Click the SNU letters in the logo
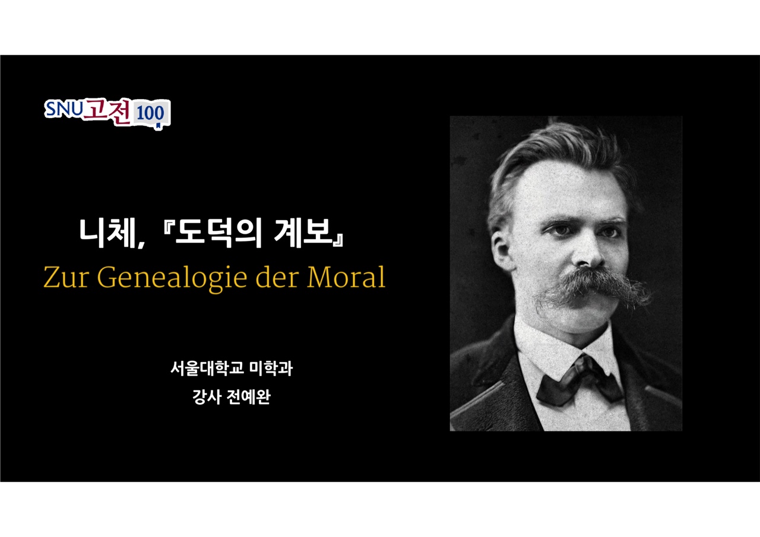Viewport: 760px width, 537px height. (64, 109)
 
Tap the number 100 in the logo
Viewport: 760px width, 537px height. (150, 113)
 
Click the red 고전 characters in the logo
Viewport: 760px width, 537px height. (107, 111)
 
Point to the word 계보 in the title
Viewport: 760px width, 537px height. (302, 233)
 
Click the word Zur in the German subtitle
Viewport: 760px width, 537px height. (66, 277)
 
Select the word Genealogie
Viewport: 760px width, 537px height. (172, 278)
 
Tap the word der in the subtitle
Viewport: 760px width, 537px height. (277, 277)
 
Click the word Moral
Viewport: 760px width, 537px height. (346, 277)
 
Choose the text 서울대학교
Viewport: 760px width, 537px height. (207, 368)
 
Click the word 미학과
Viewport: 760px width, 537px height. (271, 368)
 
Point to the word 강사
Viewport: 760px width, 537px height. (207, 396)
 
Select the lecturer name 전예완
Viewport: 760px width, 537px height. (248, 396)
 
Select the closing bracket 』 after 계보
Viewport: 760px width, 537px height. (338, 240)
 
